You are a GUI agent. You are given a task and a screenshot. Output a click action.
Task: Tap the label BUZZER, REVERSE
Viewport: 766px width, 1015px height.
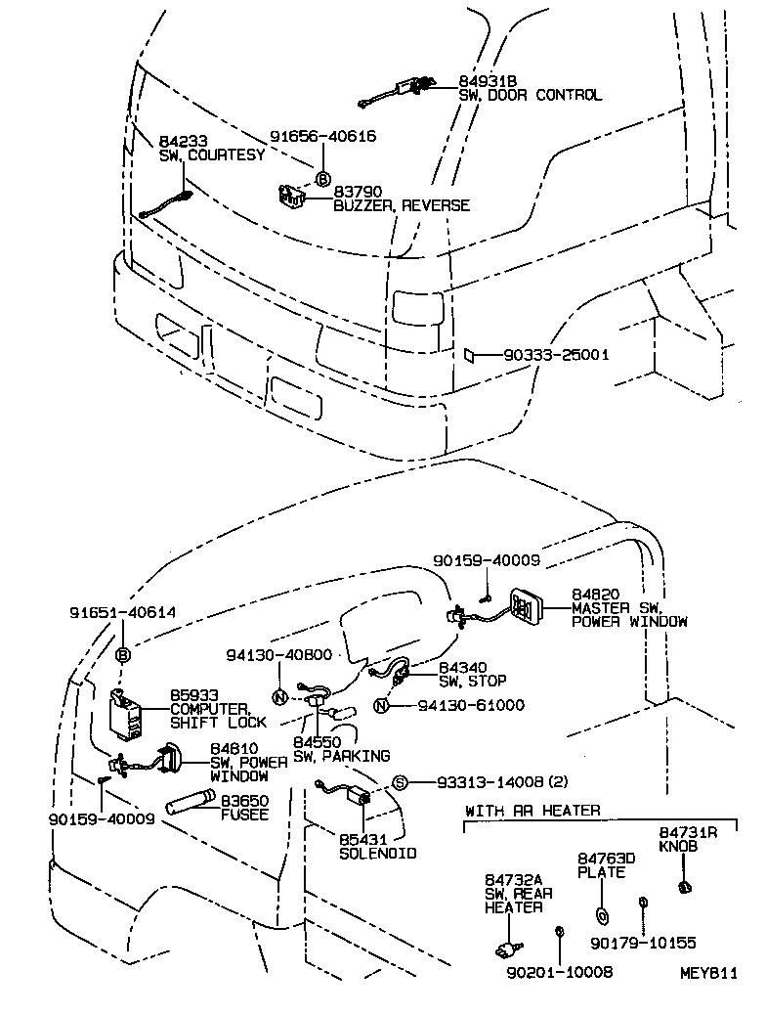point(401,205)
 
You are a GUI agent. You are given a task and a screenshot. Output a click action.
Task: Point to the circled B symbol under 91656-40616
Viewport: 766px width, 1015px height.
point(322,178)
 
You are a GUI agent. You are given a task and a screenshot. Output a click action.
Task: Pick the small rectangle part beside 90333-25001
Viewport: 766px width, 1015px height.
point(469,354)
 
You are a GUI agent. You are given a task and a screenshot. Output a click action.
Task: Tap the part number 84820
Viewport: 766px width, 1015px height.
point(596,594)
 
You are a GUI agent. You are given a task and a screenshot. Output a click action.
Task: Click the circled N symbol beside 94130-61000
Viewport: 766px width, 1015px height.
point(383,705)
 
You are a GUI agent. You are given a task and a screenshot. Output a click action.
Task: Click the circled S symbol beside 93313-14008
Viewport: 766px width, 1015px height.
point(400,782)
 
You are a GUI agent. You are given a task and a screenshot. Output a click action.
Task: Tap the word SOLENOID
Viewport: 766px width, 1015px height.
point(377,853)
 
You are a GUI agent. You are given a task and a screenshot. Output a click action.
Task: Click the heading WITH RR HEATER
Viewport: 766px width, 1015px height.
point(532,811)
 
